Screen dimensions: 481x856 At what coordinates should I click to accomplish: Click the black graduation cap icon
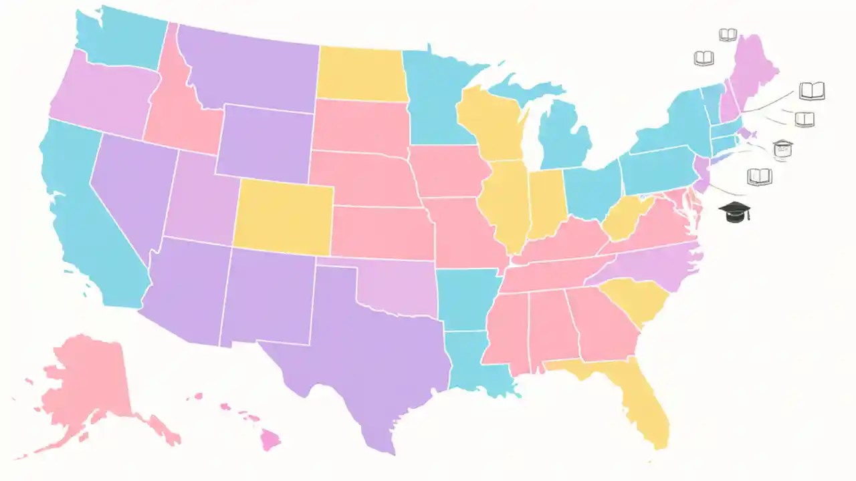734,212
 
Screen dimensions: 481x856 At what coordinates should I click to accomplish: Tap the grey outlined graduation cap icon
782,149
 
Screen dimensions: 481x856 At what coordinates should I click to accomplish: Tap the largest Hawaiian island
270,440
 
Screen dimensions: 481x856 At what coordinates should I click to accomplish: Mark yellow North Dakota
361,73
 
